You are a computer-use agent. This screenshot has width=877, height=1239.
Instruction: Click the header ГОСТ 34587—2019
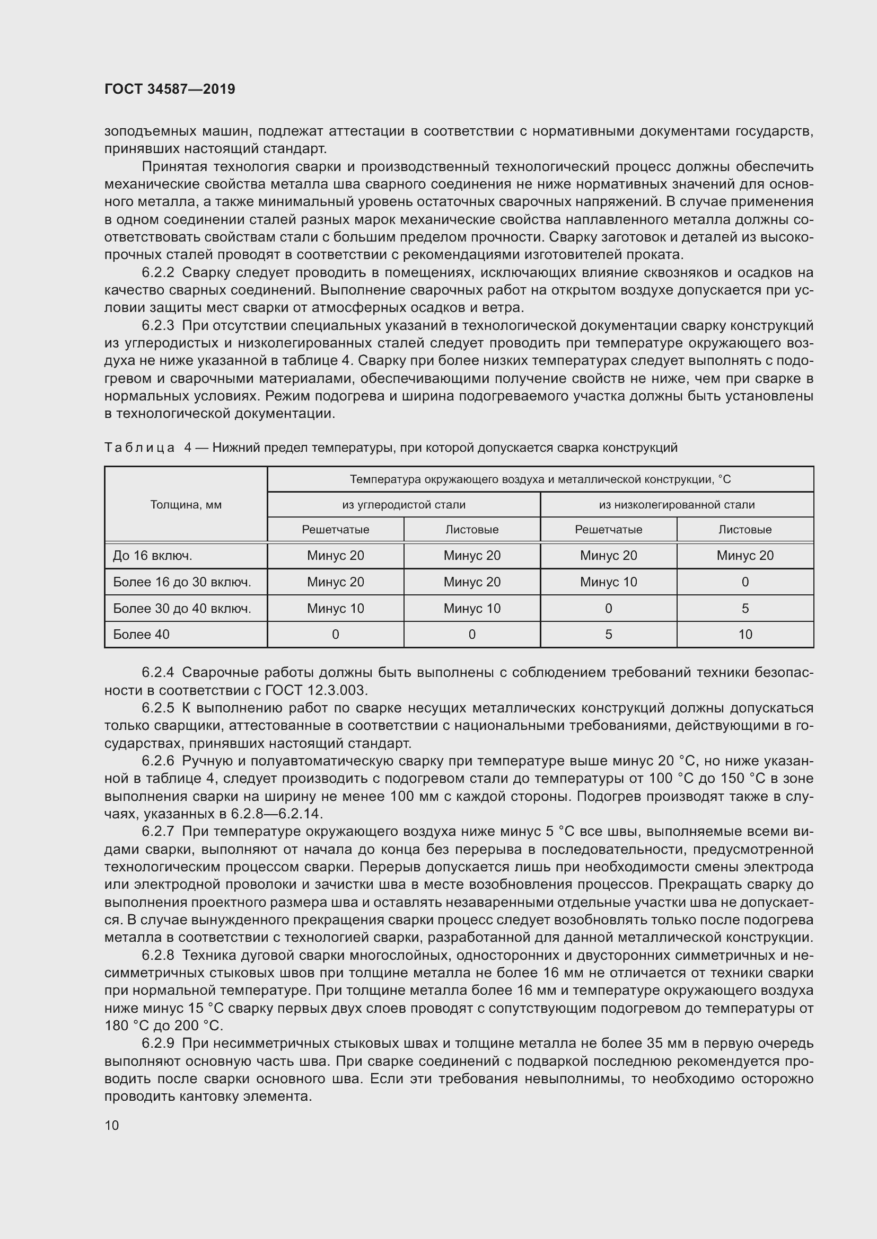click(170, 89)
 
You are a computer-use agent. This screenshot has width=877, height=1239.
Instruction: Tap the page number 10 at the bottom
click(112, 1125)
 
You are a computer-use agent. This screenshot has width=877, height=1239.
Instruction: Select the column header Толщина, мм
click(186, 505)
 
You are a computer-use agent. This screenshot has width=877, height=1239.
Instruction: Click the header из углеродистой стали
click(404, 505)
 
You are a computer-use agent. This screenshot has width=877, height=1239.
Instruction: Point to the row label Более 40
click(141, 635)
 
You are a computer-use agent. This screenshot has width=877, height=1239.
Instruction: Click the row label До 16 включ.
click(152, 555)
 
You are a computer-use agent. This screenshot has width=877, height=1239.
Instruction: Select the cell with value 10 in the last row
click(744, 635)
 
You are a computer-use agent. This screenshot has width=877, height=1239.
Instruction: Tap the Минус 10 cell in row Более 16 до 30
click(608, 582)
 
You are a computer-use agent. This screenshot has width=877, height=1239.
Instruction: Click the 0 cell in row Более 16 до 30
click(744, 582)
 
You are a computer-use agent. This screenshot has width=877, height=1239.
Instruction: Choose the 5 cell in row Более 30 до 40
click(744, 608)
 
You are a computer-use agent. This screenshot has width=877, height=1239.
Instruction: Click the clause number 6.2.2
click(157, 272)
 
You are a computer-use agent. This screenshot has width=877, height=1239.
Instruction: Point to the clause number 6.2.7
click(157, 832)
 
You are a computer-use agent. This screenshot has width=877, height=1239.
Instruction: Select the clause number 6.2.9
click(157, 1044)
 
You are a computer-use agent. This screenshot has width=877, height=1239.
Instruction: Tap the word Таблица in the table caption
click(139, 448)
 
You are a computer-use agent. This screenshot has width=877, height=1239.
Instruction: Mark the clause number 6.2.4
click(157, 672)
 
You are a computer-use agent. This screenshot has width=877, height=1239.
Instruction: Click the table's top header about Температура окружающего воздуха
click(540, 479)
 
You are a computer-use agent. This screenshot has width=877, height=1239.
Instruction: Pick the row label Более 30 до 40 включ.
click(181, 608)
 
